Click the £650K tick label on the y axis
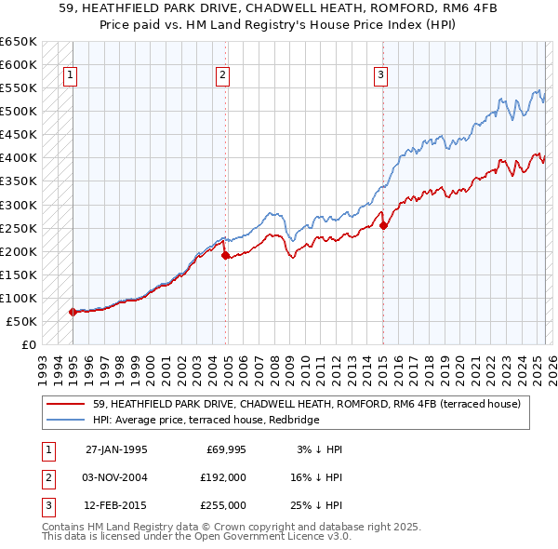pyautogui.click(x=19, y=42)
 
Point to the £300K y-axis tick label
pyautogui.click(x=19, y=205)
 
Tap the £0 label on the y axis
pyautogui.click(x=28, y=344)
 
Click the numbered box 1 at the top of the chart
pyautogui.click(x=71, y=76)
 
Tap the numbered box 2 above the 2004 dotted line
pyautogui.click(x=223, y=76)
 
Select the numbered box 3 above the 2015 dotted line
pyautogui.click(x=381, y=76)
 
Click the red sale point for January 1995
pyautogui.click(x=73, y=312)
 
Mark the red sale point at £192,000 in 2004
pyautogui.click(x=225, y=255)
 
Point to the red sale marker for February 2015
pyautogui.click(x=383, y=225)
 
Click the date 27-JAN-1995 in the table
pyautogui.click(x=116, y=449)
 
